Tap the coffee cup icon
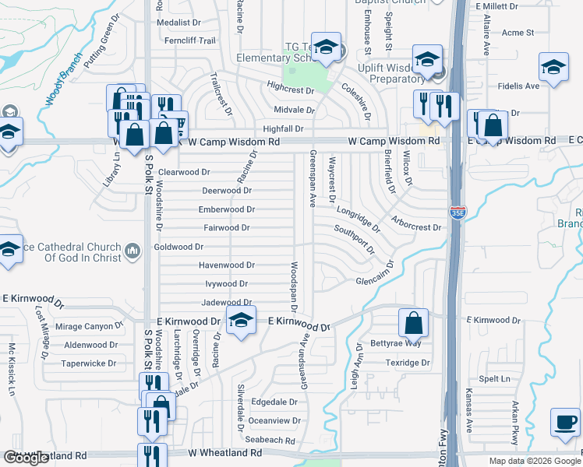[x=565, y=423]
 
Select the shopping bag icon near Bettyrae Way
[x=413, y=322]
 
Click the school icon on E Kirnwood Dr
[x=241, y=321]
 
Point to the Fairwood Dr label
[x=226, y=228]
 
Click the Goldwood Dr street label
[x=178, y=247]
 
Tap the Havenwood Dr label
[x=227, y=265]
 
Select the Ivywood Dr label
[x=226, y=284]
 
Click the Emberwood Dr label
[x=227, y=209]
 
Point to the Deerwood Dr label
[x=226, y=191]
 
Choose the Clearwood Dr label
[x=184, y=172]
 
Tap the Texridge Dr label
[x=408, y=363]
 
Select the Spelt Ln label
[x=494, y=379]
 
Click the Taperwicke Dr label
[x=89, y=363]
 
